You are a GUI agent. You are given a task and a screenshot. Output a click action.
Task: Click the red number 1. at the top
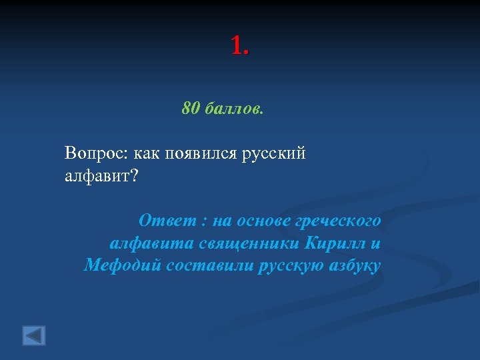pyautogui.click(x=240, y=47)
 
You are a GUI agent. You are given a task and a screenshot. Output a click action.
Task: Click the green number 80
pyautogui.click(x=191, y=108)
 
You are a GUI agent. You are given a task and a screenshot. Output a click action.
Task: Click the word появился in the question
pyautogui.click(x=197, y=153)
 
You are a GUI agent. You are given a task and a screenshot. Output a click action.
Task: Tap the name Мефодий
pyautogui.click(x=121, y=265)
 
